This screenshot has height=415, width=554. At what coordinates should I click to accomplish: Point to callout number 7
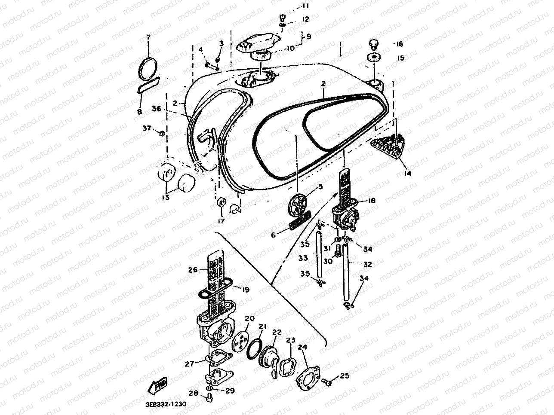(149, 37)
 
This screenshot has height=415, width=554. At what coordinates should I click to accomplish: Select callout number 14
(407, 174)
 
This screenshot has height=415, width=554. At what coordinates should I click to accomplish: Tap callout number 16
(400, 44)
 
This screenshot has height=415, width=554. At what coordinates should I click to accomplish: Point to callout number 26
(192, 270)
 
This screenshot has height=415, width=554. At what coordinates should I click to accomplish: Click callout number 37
(147, 128)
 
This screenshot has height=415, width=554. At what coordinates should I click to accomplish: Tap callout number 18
(372, 200)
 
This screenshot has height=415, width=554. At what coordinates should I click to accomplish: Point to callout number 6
(273, 235)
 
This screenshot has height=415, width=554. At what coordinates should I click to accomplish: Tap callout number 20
(250, 319)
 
